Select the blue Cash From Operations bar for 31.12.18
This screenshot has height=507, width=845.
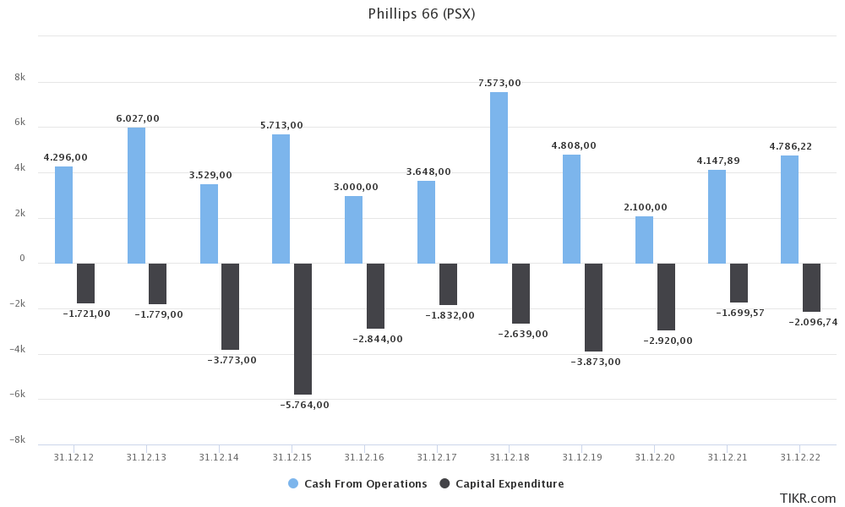click(499, 177)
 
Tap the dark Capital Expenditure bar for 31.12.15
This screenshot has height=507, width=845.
click(303, 329)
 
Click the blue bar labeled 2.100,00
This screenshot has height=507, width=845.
click(644, 240)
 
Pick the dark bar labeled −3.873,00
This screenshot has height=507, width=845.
click(593, 307)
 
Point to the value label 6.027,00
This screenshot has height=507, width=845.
click(138, 118)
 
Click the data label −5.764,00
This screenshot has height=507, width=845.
click(304, 405)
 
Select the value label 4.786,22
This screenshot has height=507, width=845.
click(790, 146)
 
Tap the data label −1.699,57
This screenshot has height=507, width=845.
click(739, 313)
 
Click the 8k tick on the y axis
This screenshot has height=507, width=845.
click(20, 78)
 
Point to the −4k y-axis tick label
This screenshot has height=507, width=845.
click(18, 349)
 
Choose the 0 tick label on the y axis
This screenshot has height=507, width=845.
click(22, 259)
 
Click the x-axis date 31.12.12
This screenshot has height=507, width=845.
click(74, 457)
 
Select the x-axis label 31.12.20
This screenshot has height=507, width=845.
click(655, 457)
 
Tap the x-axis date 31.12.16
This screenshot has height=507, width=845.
click(364, 457)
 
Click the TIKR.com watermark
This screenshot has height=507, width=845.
click(808, 499)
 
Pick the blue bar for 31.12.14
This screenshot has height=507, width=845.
click(209, 224)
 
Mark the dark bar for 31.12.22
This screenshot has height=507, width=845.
click(811, 287)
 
